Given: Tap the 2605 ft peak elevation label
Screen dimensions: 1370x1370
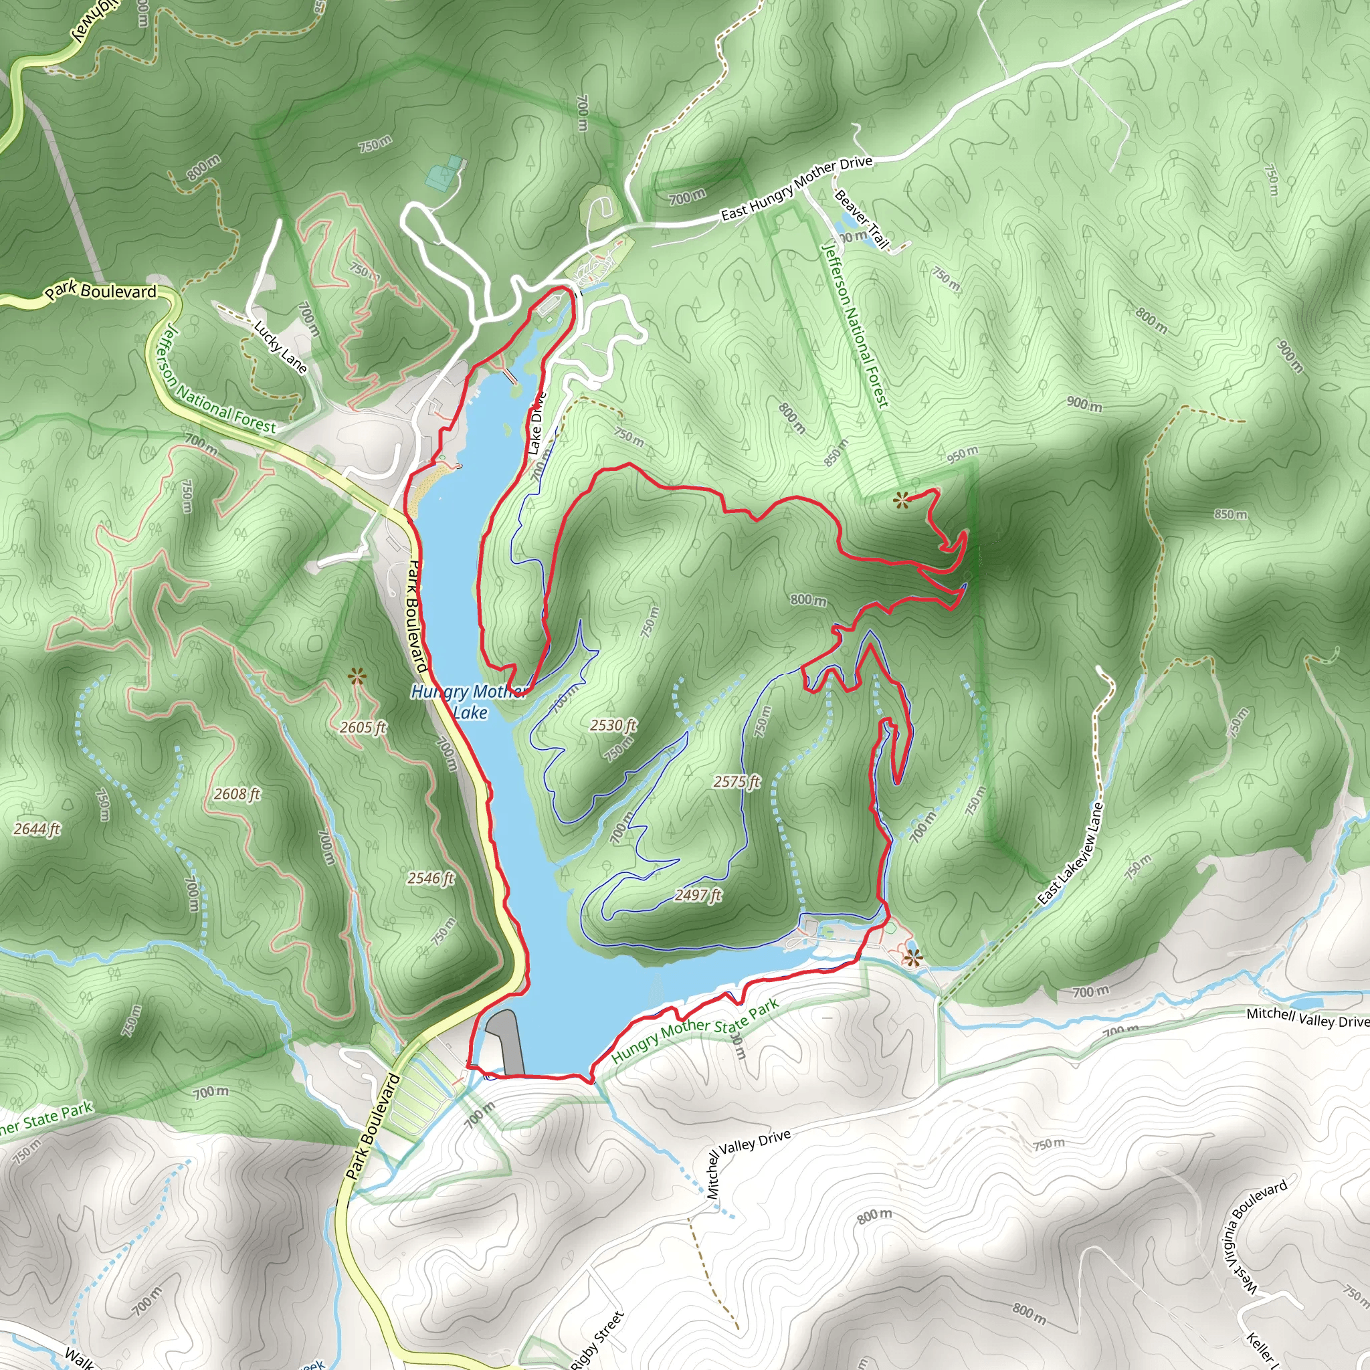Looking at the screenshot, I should click(363, 728).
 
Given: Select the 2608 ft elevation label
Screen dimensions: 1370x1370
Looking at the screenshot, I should click(237, 794).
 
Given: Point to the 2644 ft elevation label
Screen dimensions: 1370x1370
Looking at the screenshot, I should click(37, 828).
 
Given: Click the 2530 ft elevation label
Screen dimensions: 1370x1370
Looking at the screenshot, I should click(613, 724).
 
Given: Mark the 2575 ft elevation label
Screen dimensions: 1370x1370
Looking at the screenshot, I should click(737, 781).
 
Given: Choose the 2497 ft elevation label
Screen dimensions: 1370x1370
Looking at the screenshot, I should click(698, 895).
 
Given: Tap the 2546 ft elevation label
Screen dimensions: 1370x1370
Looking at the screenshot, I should click(430, 878).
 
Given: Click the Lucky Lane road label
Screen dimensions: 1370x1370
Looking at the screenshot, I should click(281, 347).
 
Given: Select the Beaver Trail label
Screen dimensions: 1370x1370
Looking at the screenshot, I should click(861, 219).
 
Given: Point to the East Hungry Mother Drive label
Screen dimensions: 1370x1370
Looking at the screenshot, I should click(796, 188).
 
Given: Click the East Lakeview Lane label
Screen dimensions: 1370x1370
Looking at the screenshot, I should click(1071, 853).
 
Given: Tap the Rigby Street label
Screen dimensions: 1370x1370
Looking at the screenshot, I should click(598, 1339).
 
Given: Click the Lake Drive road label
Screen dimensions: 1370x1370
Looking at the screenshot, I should click(535, 423).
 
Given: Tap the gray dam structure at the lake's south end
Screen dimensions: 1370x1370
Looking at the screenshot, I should click(507, 1042).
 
